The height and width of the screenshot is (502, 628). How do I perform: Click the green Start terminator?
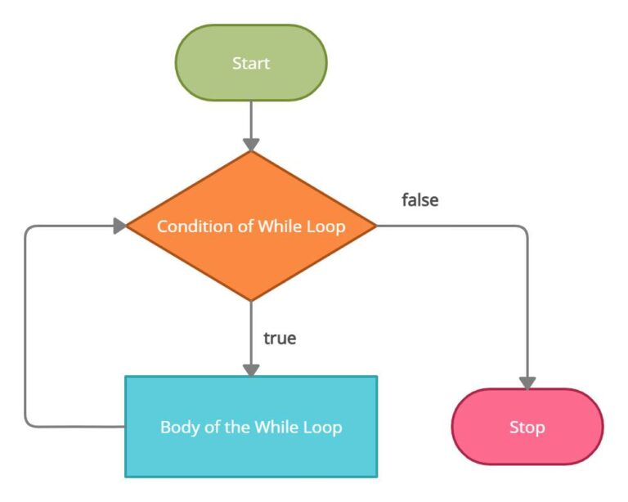(251, 63)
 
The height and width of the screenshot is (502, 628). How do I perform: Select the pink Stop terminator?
(527, 427)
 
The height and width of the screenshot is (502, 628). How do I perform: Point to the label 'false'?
(419, 199)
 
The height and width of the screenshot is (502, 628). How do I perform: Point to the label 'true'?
(280, 338)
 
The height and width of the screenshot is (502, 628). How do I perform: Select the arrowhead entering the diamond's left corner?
(119, 226)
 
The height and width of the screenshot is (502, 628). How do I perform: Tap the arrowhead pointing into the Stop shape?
(527, 382)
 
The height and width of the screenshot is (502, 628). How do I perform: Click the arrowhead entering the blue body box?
(251, 370)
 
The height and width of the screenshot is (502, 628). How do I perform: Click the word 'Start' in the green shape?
(251, 63)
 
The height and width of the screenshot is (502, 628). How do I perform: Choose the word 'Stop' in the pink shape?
(527, 427)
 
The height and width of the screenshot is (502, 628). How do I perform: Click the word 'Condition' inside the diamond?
(188, 226)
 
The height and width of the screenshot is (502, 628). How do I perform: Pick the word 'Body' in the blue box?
(177, 427)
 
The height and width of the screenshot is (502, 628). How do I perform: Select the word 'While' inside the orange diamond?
(280, 226)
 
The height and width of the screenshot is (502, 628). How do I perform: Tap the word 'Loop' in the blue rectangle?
(324, 427)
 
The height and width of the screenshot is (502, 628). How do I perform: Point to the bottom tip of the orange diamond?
(251, 299)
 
